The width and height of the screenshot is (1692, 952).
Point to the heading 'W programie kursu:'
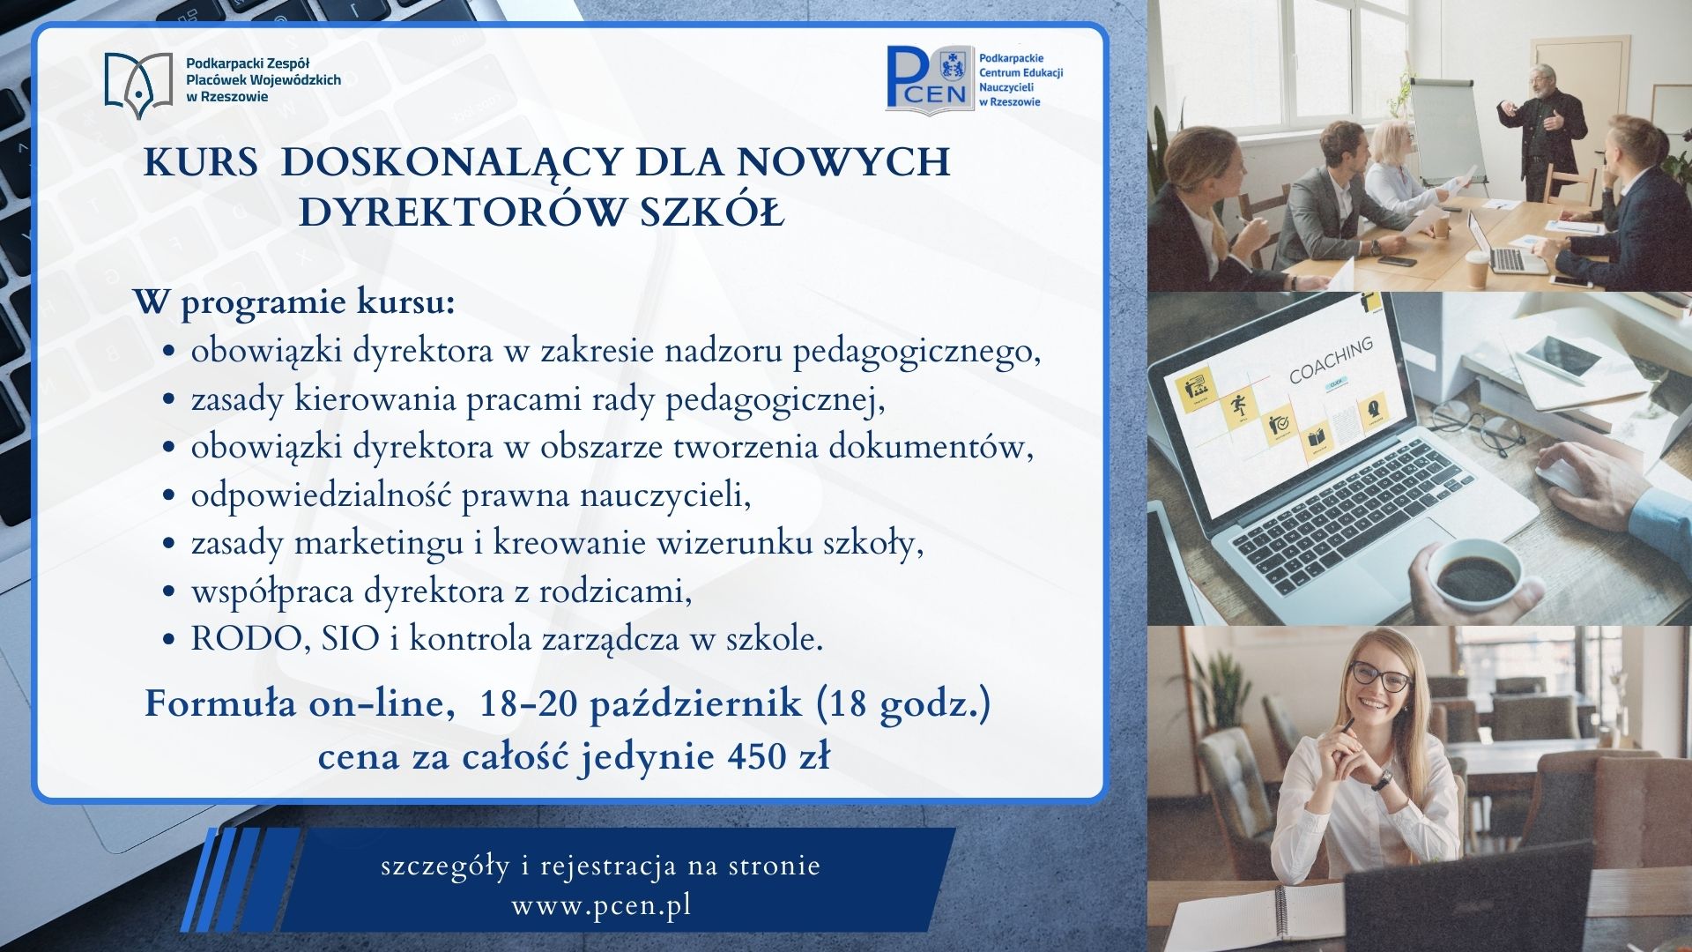point(295,302)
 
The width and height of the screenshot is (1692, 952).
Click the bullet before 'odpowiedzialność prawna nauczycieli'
point(170,496)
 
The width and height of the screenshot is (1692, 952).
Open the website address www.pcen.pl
point(601,905)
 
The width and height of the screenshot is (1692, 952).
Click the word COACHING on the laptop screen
point(1331,361)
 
